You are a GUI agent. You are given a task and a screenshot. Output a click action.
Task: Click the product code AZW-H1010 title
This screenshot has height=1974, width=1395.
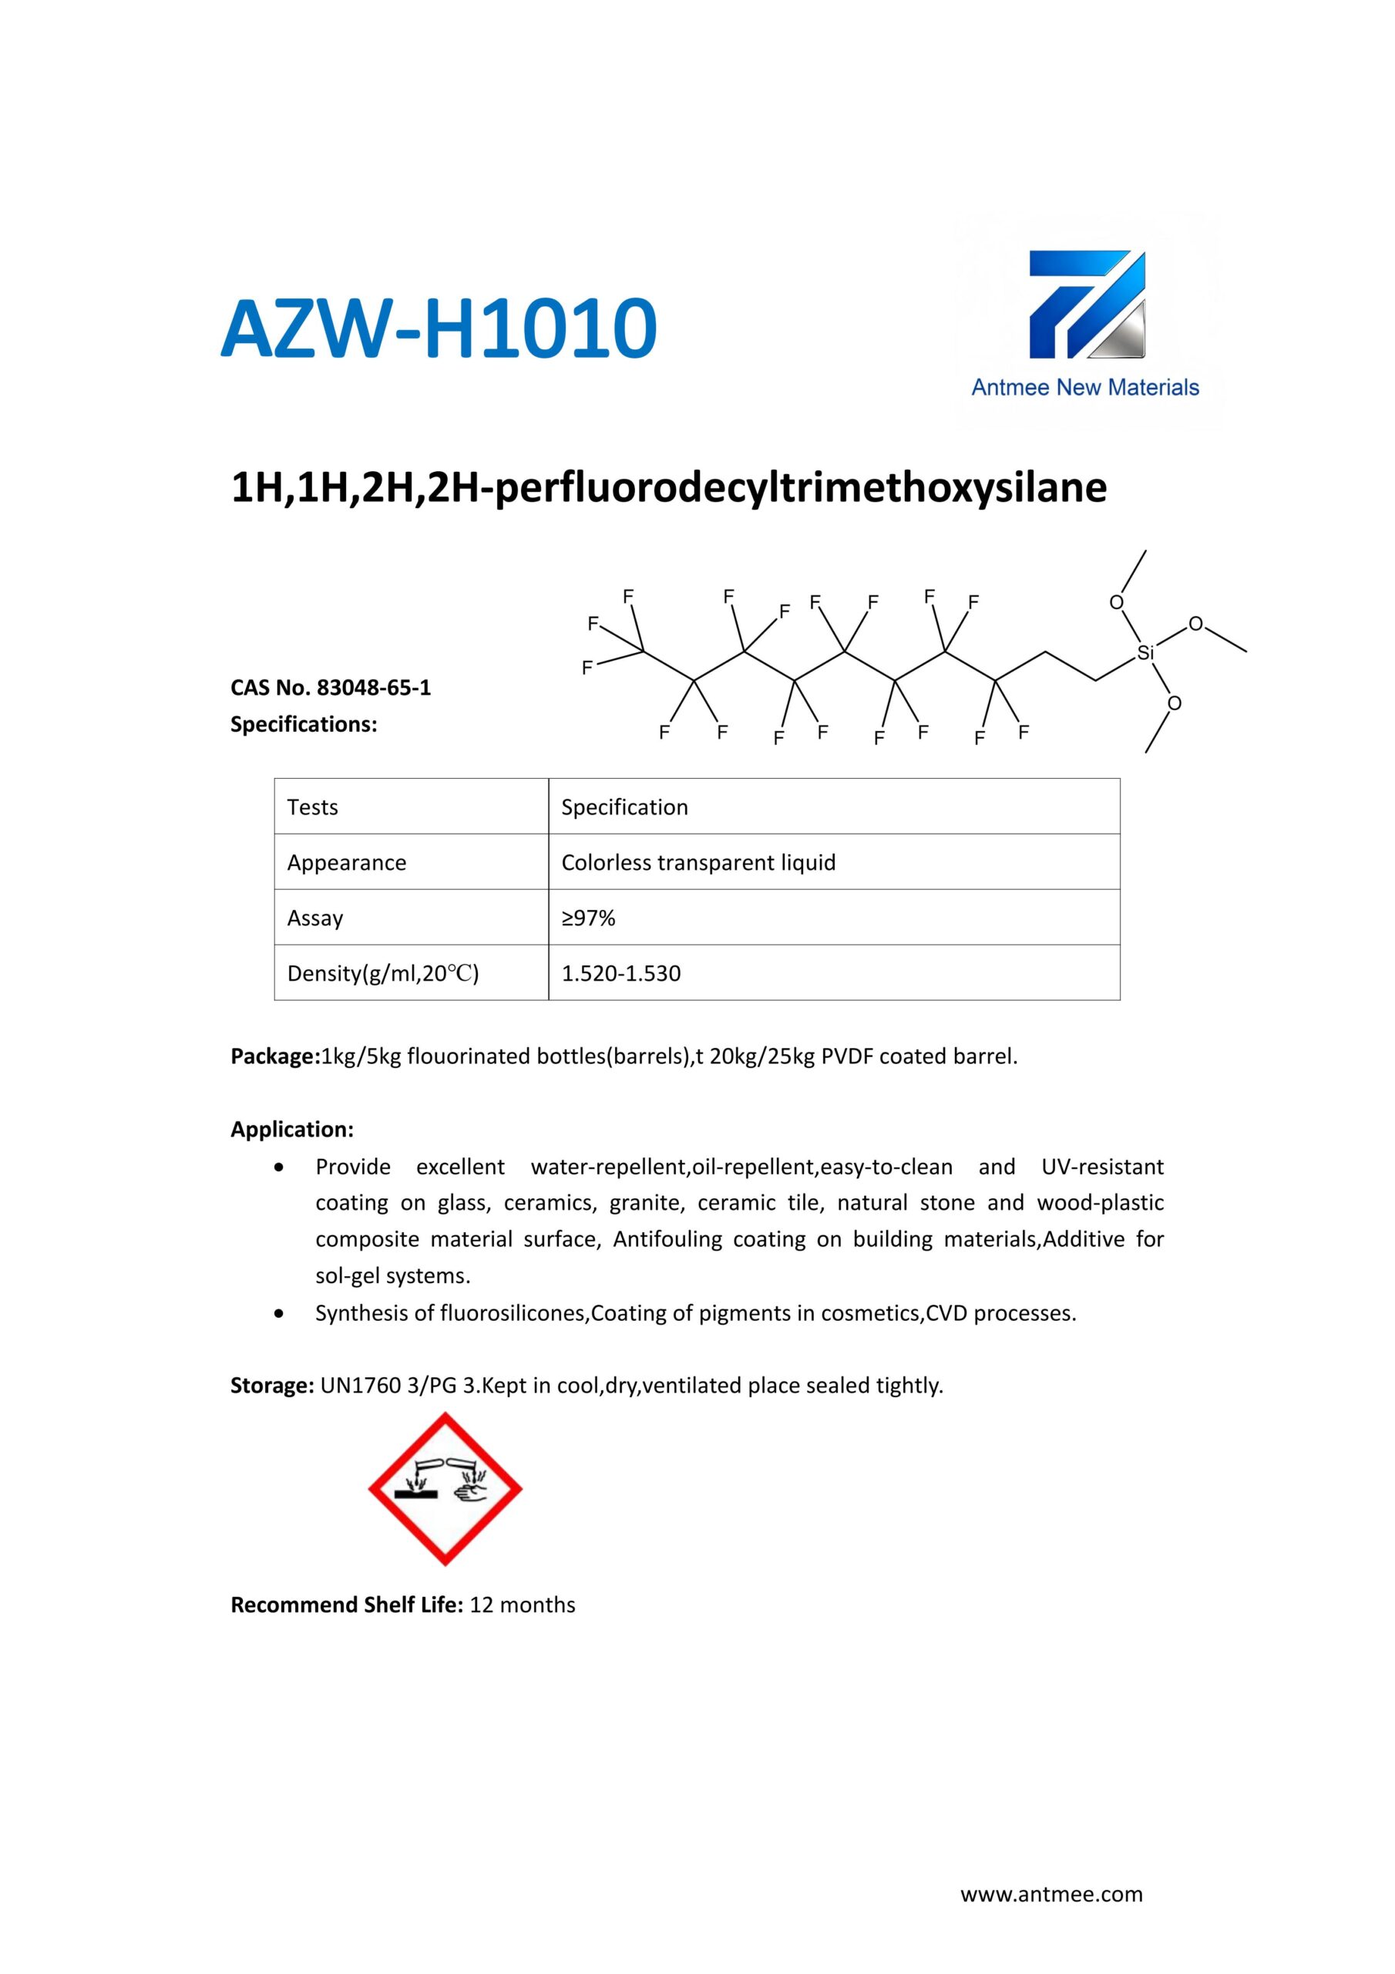(439, 328)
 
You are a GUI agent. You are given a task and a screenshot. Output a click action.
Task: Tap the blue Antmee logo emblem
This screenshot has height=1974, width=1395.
(1087, 305)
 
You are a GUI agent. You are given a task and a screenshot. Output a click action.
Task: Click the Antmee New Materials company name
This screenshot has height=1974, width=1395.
(1084, 388)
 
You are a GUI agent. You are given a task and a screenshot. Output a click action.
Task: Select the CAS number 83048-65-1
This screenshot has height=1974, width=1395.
(374, 688)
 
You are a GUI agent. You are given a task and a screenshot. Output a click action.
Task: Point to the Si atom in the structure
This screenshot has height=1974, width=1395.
(1145, 653)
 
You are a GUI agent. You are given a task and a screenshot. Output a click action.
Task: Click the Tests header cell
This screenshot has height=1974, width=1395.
(313, 807)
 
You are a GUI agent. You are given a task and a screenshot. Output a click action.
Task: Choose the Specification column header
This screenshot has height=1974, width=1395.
(625, 807)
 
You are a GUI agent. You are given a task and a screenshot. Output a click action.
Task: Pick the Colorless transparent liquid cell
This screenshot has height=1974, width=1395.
(698, 862)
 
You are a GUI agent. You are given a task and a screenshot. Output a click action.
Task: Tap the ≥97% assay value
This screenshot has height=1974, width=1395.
(589, 918)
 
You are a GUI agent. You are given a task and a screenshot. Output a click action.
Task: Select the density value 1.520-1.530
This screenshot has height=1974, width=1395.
(620, 973)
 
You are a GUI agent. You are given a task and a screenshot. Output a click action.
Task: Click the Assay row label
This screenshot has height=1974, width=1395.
(314, 918)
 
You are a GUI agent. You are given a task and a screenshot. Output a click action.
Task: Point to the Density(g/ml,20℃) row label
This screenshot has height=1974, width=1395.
(382, 973)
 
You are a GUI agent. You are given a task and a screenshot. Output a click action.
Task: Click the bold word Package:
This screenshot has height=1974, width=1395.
(275, 1056)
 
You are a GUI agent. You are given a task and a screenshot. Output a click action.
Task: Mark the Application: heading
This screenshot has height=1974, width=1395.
(292, 1130)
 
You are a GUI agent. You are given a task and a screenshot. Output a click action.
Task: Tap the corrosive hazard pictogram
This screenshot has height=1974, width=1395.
(445, 1489)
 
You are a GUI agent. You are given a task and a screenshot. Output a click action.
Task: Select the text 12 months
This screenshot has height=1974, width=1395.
(523, 1605)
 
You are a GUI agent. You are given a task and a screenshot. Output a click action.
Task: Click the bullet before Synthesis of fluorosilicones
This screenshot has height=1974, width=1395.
(277, 1314)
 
